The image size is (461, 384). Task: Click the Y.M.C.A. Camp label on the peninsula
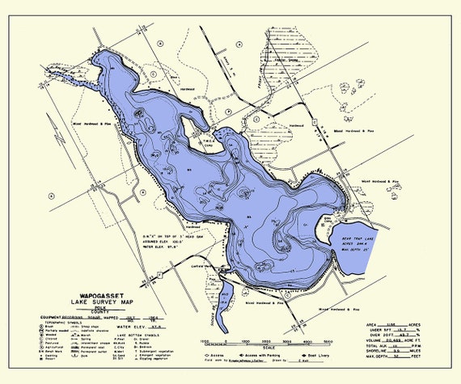[x=209, y=138]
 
